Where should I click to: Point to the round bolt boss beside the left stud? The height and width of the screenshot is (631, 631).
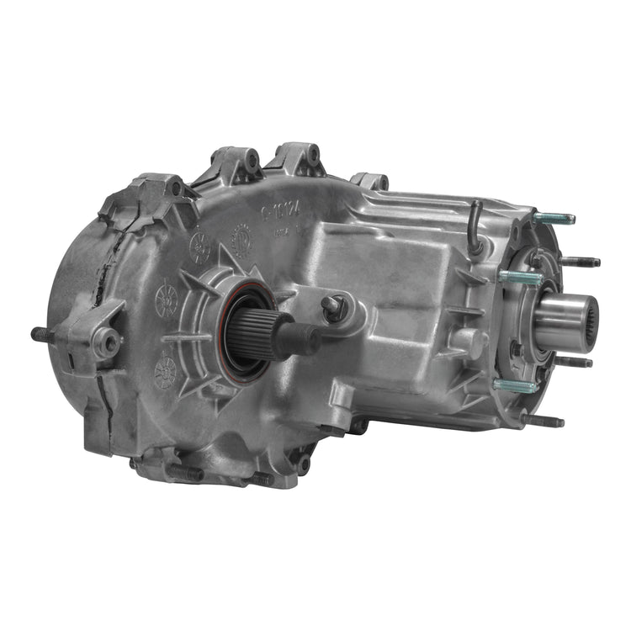(x=107, y=341)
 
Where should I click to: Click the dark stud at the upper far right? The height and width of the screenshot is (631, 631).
(x=581, y=262)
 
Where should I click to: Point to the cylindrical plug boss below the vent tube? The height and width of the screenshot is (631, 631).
(x=468, y=342)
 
